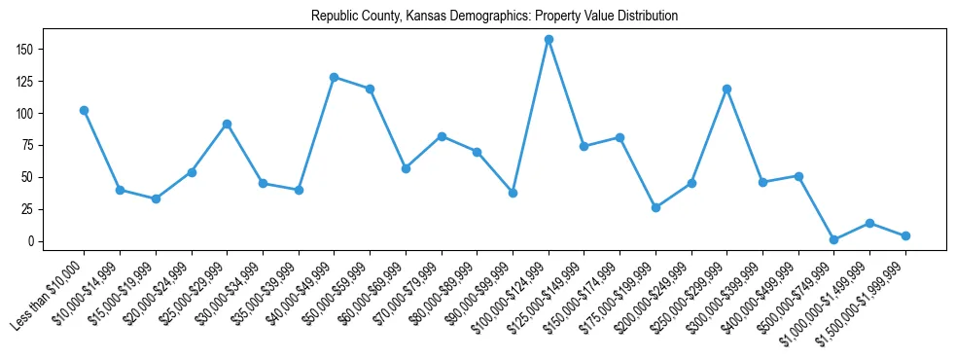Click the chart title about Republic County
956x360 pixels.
point(494,17)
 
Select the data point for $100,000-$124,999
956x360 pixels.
point(549,40)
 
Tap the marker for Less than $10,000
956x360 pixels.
point(84,110)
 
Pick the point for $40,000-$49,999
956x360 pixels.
point(334,77)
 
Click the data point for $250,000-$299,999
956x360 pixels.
point(726,89)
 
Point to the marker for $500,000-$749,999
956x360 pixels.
point(833,239)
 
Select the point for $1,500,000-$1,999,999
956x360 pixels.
point(905,235)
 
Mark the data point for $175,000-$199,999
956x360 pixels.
point(655,207)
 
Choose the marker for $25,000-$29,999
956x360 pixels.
point(227,124)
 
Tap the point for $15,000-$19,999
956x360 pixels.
point(156,198)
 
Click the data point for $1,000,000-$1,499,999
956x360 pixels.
point(869,223)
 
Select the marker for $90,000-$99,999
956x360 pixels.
point(513,193)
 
